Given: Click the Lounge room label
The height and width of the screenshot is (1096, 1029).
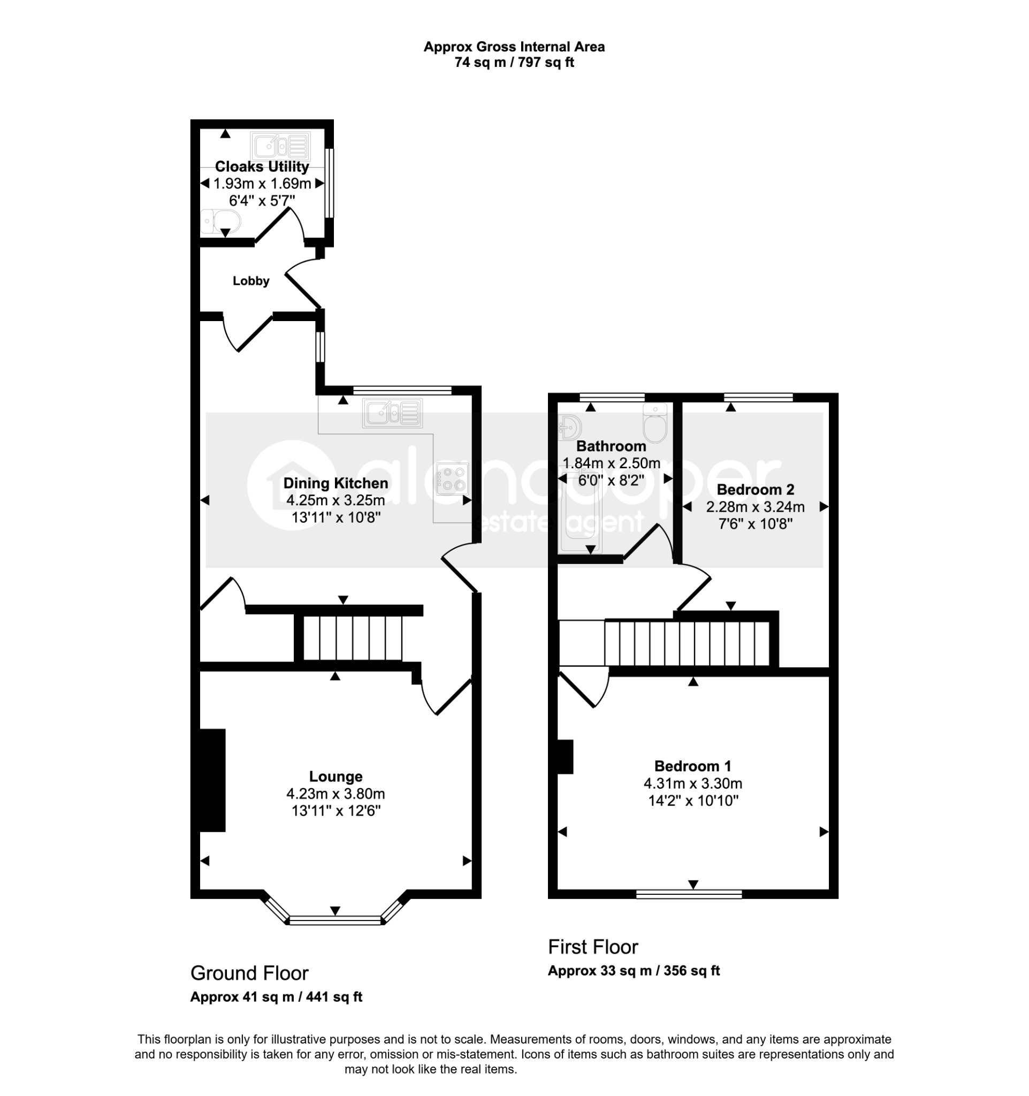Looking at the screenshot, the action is coord(336,776).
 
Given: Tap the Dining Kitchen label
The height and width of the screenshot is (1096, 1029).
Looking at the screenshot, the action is coord(336,483).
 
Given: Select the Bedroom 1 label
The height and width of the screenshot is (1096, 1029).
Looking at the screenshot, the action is coord(693,766).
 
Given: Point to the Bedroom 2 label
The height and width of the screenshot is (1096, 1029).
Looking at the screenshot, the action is coord(755,489).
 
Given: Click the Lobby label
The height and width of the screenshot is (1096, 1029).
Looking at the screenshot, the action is coord(251,280).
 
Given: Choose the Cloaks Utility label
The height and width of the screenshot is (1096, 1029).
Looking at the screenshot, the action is coord(262,166).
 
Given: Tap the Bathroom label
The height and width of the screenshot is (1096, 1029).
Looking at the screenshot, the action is coord(611,445).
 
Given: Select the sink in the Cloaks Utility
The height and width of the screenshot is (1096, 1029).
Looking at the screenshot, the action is coord(280,146).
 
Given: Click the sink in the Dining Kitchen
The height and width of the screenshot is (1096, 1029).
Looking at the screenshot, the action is coord(392,414).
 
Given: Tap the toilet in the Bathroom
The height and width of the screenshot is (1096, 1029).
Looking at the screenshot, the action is coord(655,423).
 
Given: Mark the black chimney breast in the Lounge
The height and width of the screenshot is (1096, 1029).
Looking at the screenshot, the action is coord(212,780).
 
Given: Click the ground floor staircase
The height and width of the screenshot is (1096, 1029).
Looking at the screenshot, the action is coord(353,638).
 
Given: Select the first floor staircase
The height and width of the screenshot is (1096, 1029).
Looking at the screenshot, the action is coord(687,643).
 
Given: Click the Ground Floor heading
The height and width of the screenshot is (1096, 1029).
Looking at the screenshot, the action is coord(249,973).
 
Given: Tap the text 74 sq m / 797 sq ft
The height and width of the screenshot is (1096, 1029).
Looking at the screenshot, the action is coord(514,62).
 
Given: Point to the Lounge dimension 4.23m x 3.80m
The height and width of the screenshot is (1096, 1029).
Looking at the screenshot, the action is coord(336,794).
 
